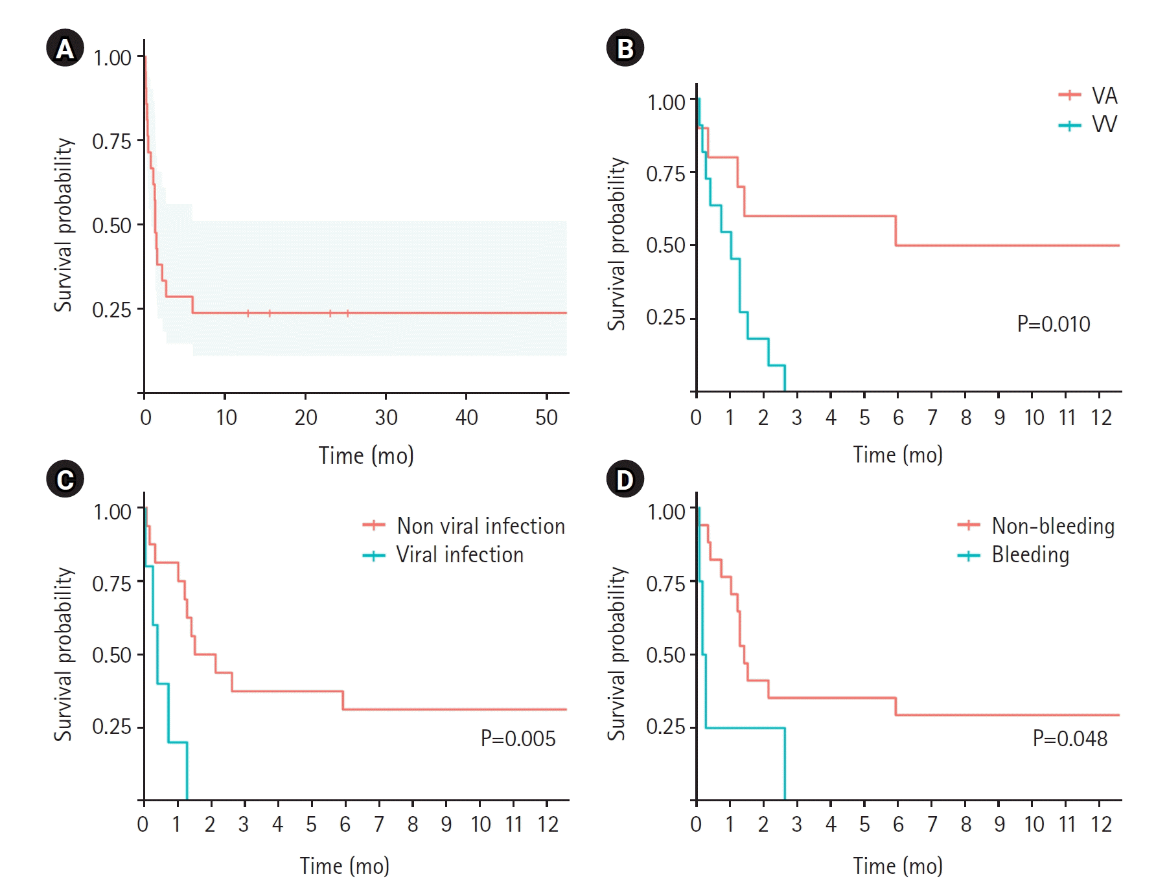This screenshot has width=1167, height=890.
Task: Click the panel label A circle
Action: (65, 49)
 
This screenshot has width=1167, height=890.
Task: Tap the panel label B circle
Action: (625, 49)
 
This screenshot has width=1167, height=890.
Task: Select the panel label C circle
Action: (65, 479)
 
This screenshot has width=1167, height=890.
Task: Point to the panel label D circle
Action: (625, 479)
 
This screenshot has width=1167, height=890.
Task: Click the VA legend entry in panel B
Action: (1089, 96)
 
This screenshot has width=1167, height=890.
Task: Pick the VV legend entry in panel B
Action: (1089, 124)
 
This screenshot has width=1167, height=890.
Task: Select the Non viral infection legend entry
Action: (464, 525)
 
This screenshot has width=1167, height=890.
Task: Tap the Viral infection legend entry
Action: (443, 554)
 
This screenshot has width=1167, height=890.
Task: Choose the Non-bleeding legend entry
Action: (1036, 525)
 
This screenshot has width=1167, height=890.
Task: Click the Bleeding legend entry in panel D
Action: (1014, 554)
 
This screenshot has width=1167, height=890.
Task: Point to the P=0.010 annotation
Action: (1053, 324)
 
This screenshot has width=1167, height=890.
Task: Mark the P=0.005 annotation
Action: (518, 738)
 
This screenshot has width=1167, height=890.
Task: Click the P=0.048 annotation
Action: (1070, 738)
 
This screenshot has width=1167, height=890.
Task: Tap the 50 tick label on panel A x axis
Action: (546, 418)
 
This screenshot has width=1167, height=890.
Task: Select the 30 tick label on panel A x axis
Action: (386, 418)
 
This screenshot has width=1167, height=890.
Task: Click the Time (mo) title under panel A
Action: (366, 455)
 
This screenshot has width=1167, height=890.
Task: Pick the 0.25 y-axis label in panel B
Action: (665, 317)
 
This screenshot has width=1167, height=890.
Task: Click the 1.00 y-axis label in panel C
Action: (112, 512)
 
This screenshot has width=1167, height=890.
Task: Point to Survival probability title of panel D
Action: (617, 654)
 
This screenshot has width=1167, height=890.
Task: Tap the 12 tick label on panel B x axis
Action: (1100, 418)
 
